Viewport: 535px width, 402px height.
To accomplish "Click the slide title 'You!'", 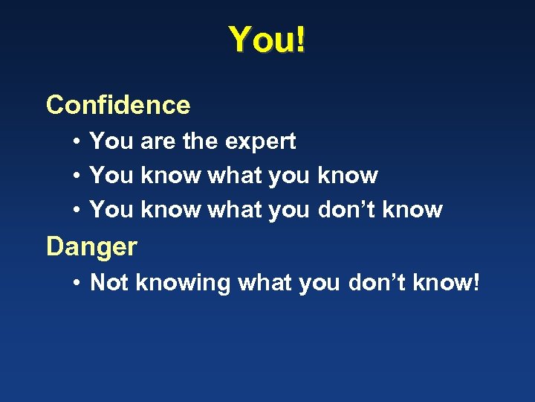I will coord(267,39).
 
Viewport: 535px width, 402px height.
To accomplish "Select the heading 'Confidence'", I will coord(118,105).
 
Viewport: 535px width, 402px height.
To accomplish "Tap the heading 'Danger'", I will coord(91,246).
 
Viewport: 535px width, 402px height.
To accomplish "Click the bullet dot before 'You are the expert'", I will coord(77,141).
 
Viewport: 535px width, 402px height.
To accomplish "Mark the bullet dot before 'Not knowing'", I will coord(77,283).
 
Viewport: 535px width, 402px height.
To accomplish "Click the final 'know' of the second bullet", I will coord(347,176).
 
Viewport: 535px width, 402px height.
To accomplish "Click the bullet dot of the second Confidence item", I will coord(77,176).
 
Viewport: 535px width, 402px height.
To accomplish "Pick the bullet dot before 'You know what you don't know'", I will coord(77,211).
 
